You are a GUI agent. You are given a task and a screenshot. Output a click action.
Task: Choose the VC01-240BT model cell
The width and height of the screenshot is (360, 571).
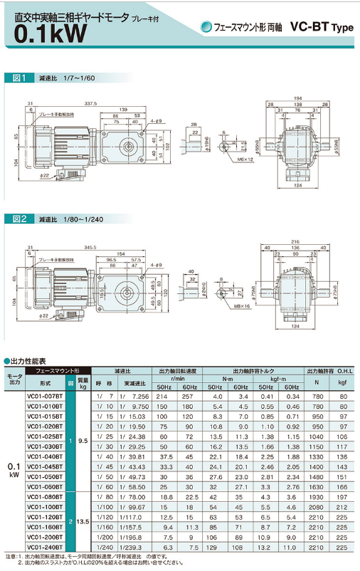point(43,547)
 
